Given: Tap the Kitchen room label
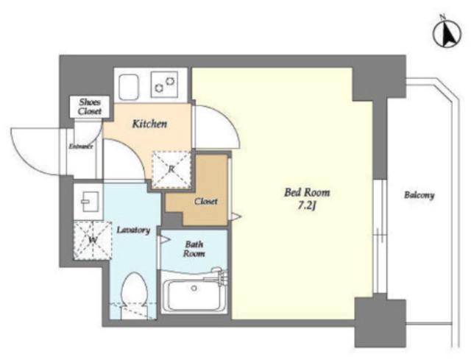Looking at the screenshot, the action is [x=149, y=124].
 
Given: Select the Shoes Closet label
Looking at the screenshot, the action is [x=90, y=107].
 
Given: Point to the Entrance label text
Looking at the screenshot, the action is [x=81, y=147].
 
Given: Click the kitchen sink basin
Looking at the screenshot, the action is [x=129, y=87].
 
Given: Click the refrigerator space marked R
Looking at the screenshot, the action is [x=171, y=169].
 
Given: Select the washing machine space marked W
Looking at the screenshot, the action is [x=93, y=241].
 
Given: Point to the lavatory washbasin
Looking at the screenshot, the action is [x=89, y=202].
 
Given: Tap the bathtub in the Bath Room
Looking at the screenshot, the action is [x=194, y=295].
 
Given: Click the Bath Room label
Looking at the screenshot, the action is [x=194, y=249].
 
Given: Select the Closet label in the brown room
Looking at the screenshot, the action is [x=206, y=201].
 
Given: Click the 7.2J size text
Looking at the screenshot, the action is [x=307, y=206].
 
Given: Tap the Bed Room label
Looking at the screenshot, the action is [x=307, y=192].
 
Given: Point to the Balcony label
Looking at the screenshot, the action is [x=419, y=195].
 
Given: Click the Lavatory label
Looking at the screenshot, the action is [x=133, y=230].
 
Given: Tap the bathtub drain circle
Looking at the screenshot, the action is [x=194, y=288].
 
